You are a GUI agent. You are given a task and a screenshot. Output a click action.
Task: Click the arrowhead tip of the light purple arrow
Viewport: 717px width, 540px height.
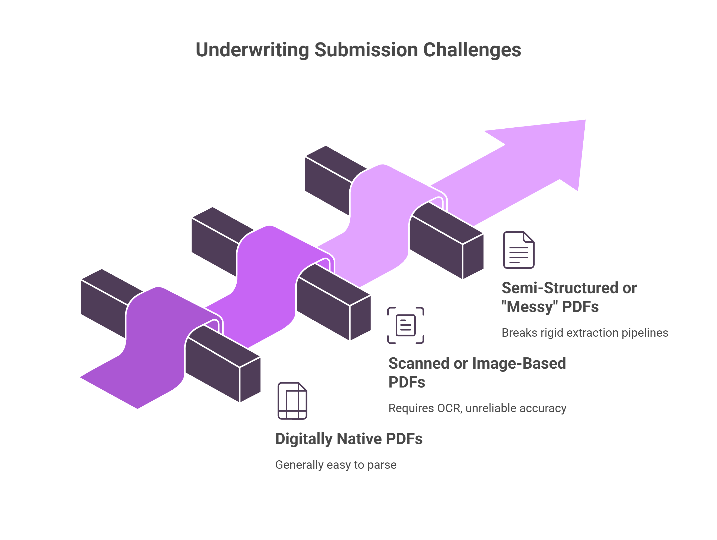click(x=585, y=120)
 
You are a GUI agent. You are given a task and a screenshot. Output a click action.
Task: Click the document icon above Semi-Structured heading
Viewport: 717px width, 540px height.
click(x=519, y=250)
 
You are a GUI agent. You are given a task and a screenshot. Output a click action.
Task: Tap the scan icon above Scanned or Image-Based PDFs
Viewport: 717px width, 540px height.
click(x=405, y=325)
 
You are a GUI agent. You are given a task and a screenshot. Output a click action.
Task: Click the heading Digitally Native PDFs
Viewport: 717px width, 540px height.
click(x=349, y=439)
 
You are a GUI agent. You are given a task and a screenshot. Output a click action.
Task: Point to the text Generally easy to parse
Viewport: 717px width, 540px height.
click(x=336, y=465)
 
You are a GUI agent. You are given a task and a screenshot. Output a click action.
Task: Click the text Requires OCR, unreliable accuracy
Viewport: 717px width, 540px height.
click(x=477, y=408)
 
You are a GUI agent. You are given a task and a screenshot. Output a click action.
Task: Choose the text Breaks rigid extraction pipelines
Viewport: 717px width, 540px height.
click(x=585, y=332)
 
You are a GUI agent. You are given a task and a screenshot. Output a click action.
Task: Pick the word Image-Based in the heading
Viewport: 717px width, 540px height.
click(x=519, y=363)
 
